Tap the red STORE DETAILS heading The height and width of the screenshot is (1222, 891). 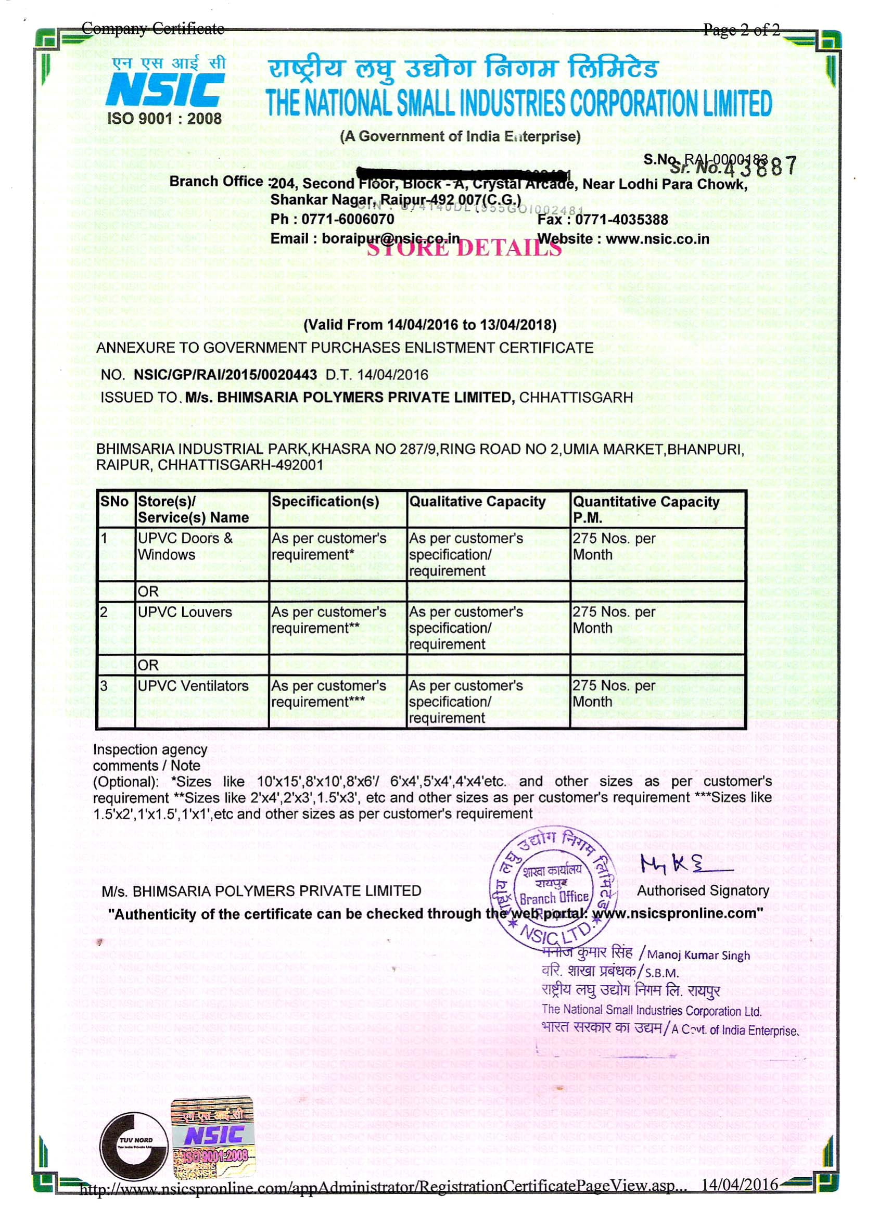tap(464, 248)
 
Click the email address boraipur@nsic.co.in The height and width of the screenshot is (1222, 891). tap(391, 238)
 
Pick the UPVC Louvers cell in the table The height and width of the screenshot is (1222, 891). tap(185, 612)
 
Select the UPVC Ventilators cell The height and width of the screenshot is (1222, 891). tap(194, 686)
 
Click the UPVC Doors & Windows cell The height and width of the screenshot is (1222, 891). tap(185, 546)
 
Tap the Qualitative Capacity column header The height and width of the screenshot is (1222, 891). tap(477, 502)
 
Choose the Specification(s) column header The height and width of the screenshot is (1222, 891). tap(325, 502)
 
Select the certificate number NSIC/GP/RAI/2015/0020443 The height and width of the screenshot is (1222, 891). tap(225, 374)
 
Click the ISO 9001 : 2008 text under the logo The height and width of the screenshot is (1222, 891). tap(164, 119)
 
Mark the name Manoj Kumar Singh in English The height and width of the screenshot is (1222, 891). tap(698, 955)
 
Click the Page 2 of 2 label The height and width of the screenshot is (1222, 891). tap(741, 30)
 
